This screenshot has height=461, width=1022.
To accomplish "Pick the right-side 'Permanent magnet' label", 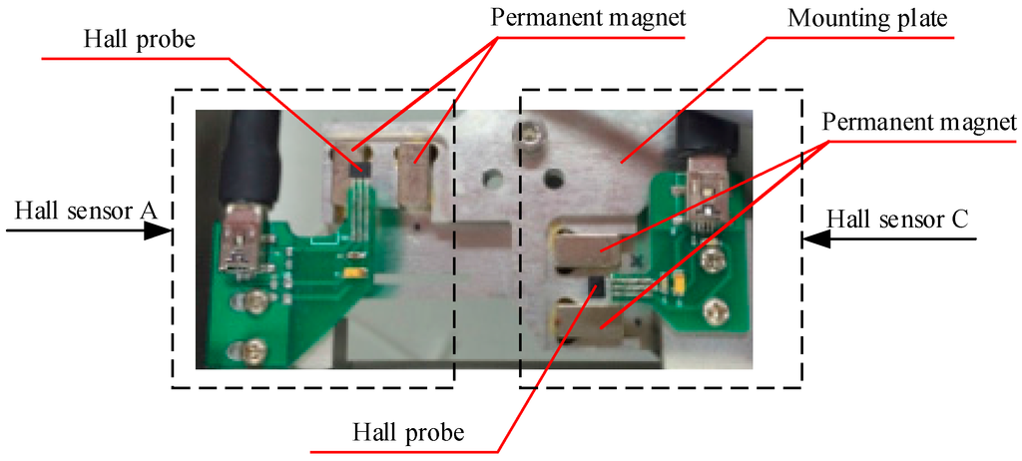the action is (918, 123).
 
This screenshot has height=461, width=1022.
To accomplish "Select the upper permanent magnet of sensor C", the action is (589, 244).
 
